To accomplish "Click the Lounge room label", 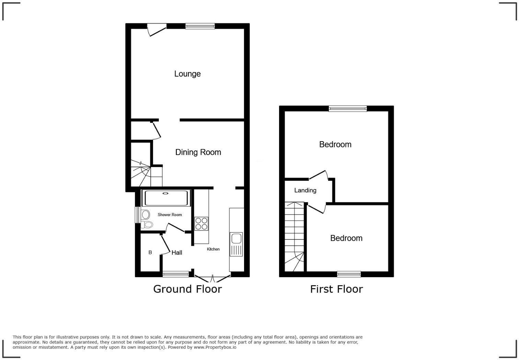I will click(x=187, y=74).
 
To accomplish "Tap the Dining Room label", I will click(x=198, y=152).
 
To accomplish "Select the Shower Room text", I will click(x=170, y=215).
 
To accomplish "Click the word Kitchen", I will click(x=213, y=249).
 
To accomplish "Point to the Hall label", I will click(x=177, y=253).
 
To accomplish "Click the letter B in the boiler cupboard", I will click(x=150, y=252).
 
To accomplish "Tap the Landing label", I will click(x=305, y=190).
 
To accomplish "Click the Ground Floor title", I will click(x=187, y=289).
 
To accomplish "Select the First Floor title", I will click(x=336, y=289).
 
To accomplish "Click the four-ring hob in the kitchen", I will click(x=201, y=224).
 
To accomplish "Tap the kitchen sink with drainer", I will click(x=236, y=244).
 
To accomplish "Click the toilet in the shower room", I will click(x=147, y=225).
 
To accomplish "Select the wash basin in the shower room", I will click(x=145, y=215).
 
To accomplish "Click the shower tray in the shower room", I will click(x=166, y=198).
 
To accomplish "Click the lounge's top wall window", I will click(x=200, y=26).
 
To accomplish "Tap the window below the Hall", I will click(x=175, y=274).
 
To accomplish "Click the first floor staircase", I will click(x=295, y=237).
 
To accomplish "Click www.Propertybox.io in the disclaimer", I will click(x=215, y=347).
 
